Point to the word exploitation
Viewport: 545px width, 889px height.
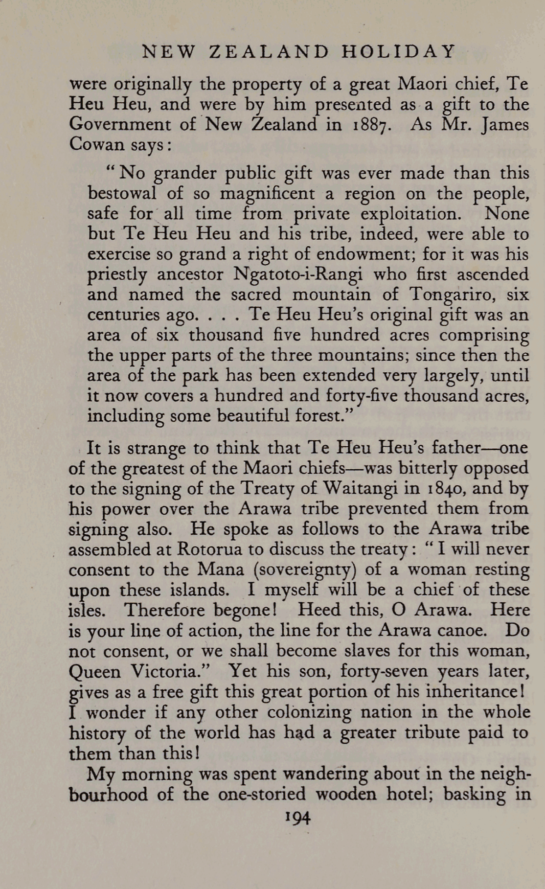[x=410, y=214]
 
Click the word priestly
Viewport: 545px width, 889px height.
[x=117, y=274]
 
